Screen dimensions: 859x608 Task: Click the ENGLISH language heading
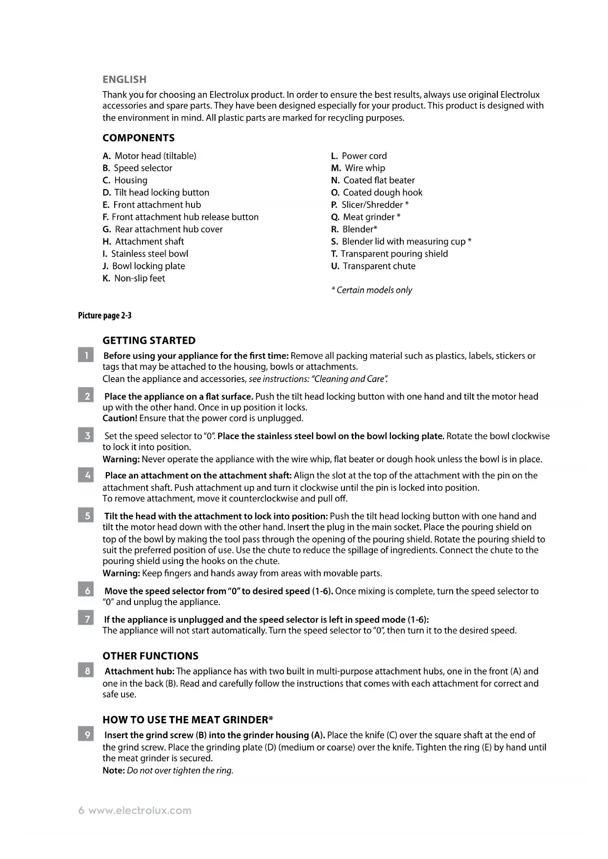pyautogui.click(x=124, y=79)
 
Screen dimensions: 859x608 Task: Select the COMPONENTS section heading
pyautogui.click(x=139, y=138)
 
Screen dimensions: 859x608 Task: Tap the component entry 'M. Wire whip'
pyautogui.click(x=358, y=168)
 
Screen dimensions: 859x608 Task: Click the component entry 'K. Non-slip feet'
pyautogui.click(x=134, y=278)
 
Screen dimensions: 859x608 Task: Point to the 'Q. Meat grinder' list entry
pyautogui.click(x=365, y=217)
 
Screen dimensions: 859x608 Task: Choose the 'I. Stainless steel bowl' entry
pyautogui.click(x=146, y=254)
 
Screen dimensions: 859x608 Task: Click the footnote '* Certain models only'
pyautogui.click(x=372, y=290)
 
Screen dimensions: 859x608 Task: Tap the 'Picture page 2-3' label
pyautogui.click(x=105, y=315)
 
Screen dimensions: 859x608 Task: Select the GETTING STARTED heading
pyautogui.click(x=149, y=340)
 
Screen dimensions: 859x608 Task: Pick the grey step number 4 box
pyautogui.click(x=86, y=475)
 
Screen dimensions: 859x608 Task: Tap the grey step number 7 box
pyautogui.click(x=86, y=619)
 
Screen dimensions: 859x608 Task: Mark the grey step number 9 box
pyautogui.click(x=86, y=735)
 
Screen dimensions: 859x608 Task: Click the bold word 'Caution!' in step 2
pyautogui.click(x=120, y=418)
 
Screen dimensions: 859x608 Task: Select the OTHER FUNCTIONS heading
pyautogui.click(x=150, y=656)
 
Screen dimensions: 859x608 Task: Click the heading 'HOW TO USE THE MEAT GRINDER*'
pyautogui.click(x=188, y=720)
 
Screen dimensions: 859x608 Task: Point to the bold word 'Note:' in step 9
pyautogui.click(x=114, y=770)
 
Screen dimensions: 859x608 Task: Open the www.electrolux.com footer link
pyautogui.click(x=140, y=811)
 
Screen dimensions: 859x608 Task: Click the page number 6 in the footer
pyautogui.click(x=81, y=811)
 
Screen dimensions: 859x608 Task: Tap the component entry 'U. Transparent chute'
pyautogui.click(x=373, y=266)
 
